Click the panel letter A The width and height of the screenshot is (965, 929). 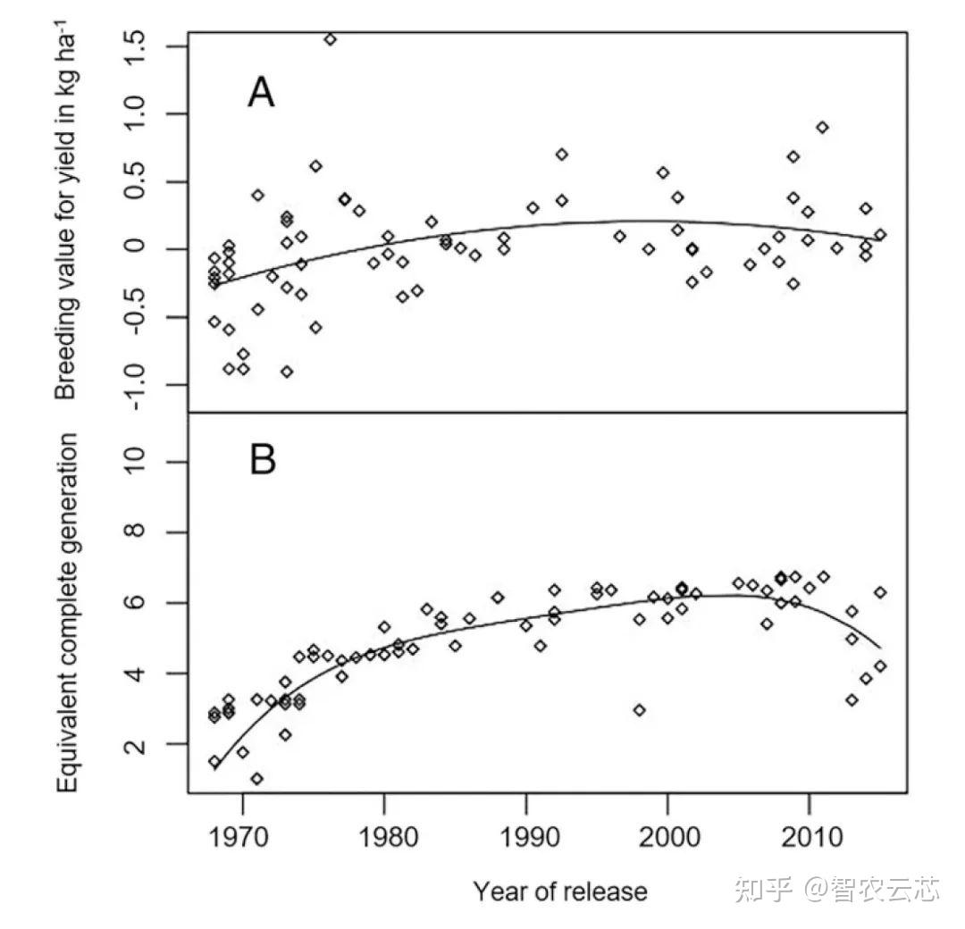pos(261,92)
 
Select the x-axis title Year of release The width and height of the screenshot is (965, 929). pos(559,891)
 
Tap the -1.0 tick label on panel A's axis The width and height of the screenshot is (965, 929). pos(137,384)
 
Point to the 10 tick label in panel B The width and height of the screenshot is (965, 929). pos(137,461)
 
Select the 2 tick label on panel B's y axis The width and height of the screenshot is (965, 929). pos(137,744)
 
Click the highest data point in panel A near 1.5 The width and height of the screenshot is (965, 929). pos(330,39)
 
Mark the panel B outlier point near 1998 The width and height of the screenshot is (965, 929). pos(639,710)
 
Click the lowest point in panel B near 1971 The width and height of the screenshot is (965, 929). pos(257,779)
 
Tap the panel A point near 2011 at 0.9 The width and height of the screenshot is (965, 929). pos(822,127)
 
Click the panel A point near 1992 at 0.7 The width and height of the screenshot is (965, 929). pos(561,154)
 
